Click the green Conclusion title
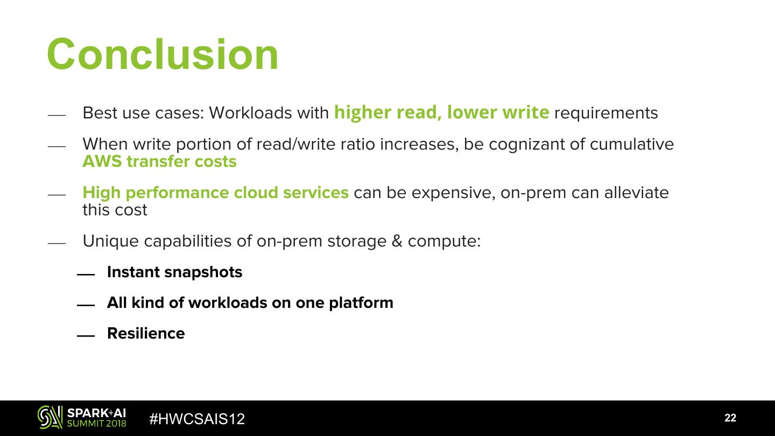coord(163,54)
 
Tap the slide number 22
coord(730,418)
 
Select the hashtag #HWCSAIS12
coord(197,419)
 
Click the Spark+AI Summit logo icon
coord(50,417)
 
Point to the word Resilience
coord(146,333)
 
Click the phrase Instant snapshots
coord(175,272)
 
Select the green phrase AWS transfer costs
coord(159,161)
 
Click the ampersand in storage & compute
coord(397,241)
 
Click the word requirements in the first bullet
coord(606,114)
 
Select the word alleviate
coord(637,192)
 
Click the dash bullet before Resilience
coord(86,336)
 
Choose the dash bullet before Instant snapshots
coord(86,275)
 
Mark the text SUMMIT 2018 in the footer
coord(96,424)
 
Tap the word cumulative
coord(632,144)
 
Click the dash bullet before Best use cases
coord(57,115)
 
